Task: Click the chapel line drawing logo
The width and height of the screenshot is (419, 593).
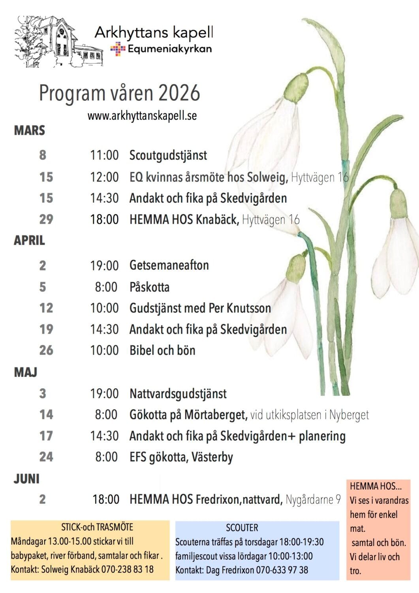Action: coord(58,42)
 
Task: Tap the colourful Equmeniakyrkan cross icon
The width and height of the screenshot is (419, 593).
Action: coord(118,49)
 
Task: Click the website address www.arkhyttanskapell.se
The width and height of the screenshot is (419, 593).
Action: coord(142,116)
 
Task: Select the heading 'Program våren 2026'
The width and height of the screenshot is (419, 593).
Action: coord(119,93)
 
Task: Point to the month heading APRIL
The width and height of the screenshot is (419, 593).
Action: coord(29,240)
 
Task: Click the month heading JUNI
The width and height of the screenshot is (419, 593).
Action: coord(26,479)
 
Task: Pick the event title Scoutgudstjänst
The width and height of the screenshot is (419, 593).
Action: coord(168,155)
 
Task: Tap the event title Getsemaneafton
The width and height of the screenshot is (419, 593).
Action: coord(169,265)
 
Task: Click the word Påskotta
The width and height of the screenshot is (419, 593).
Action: coord(149,287)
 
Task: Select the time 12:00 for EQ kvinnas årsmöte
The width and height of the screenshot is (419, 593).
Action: coord(104,177)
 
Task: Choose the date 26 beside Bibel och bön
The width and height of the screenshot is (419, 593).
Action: coord(46,350)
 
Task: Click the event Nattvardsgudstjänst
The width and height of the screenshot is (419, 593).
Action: coord(178,394)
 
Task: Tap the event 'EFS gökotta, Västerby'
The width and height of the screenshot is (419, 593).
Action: coord(181,457)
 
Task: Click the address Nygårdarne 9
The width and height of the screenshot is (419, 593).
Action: coord(313,500)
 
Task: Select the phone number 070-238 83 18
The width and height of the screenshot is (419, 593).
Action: coord(127,570)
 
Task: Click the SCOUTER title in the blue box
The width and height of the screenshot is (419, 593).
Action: coord(242,528)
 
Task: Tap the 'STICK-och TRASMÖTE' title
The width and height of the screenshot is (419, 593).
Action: coord(97,527)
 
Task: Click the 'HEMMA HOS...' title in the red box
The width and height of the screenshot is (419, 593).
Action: coord(375,486)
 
